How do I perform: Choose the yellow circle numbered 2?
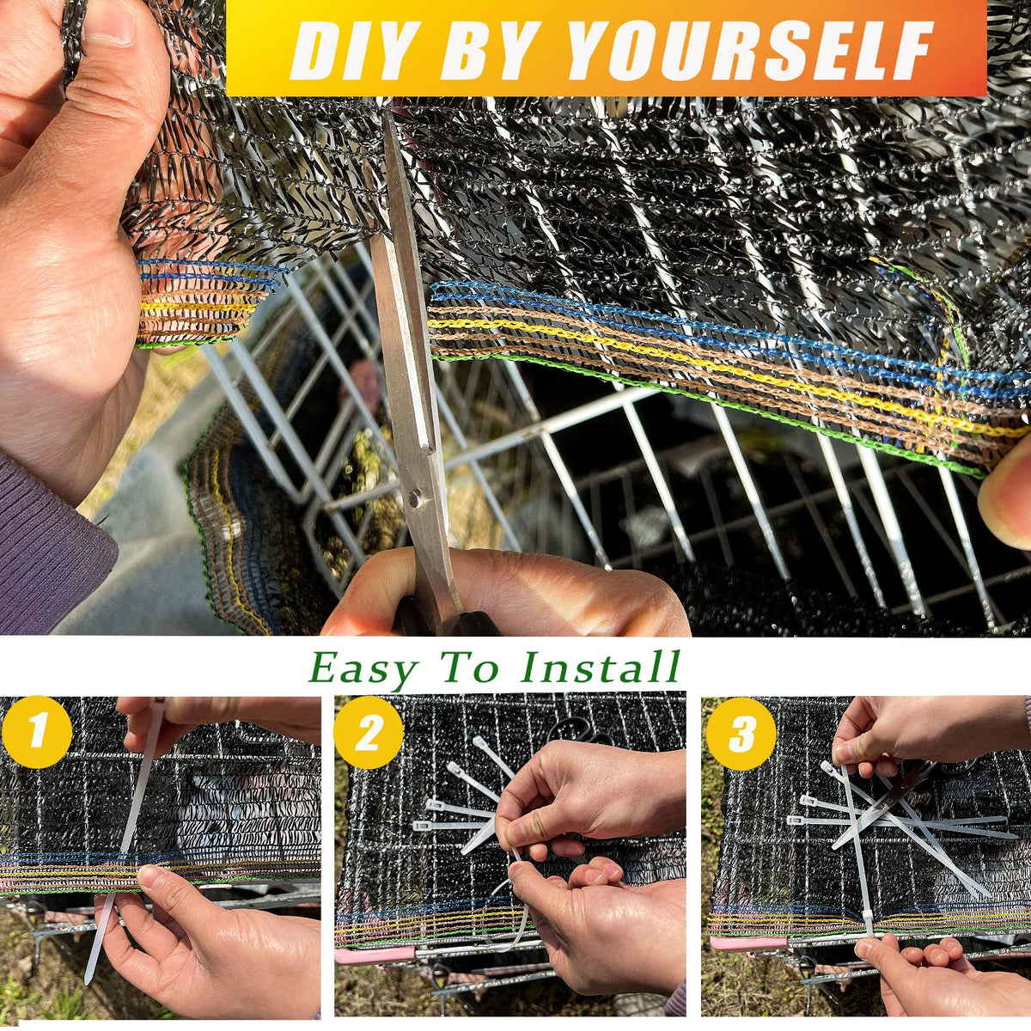368,733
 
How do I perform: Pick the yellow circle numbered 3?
741,734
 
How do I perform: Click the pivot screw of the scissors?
413,498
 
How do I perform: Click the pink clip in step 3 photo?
748,943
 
